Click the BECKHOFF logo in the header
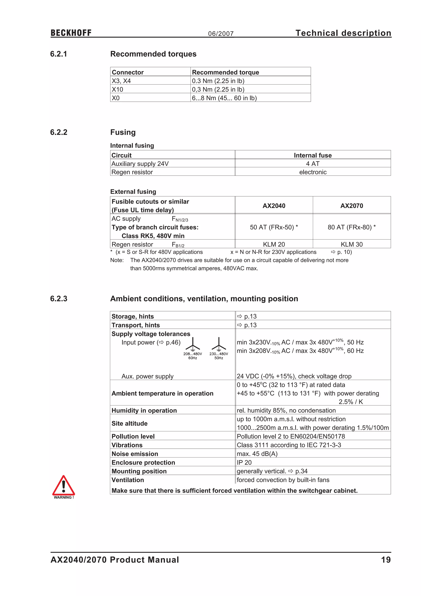point(71,33)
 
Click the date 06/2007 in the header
point(221,34)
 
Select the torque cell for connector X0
point(224,98)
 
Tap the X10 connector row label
point(117,89)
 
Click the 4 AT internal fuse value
point(313,164)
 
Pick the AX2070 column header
point(352,206)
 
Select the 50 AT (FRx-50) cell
point(274,227)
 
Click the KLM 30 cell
point(352,244)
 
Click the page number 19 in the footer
point(386,560)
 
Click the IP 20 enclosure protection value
point(244,462)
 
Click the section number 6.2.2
point(59,132)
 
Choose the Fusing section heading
point(123,132)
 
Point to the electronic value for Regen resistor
point(313,172)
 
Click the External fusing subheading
point(133,192)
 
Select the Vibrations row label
point(127,445)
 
